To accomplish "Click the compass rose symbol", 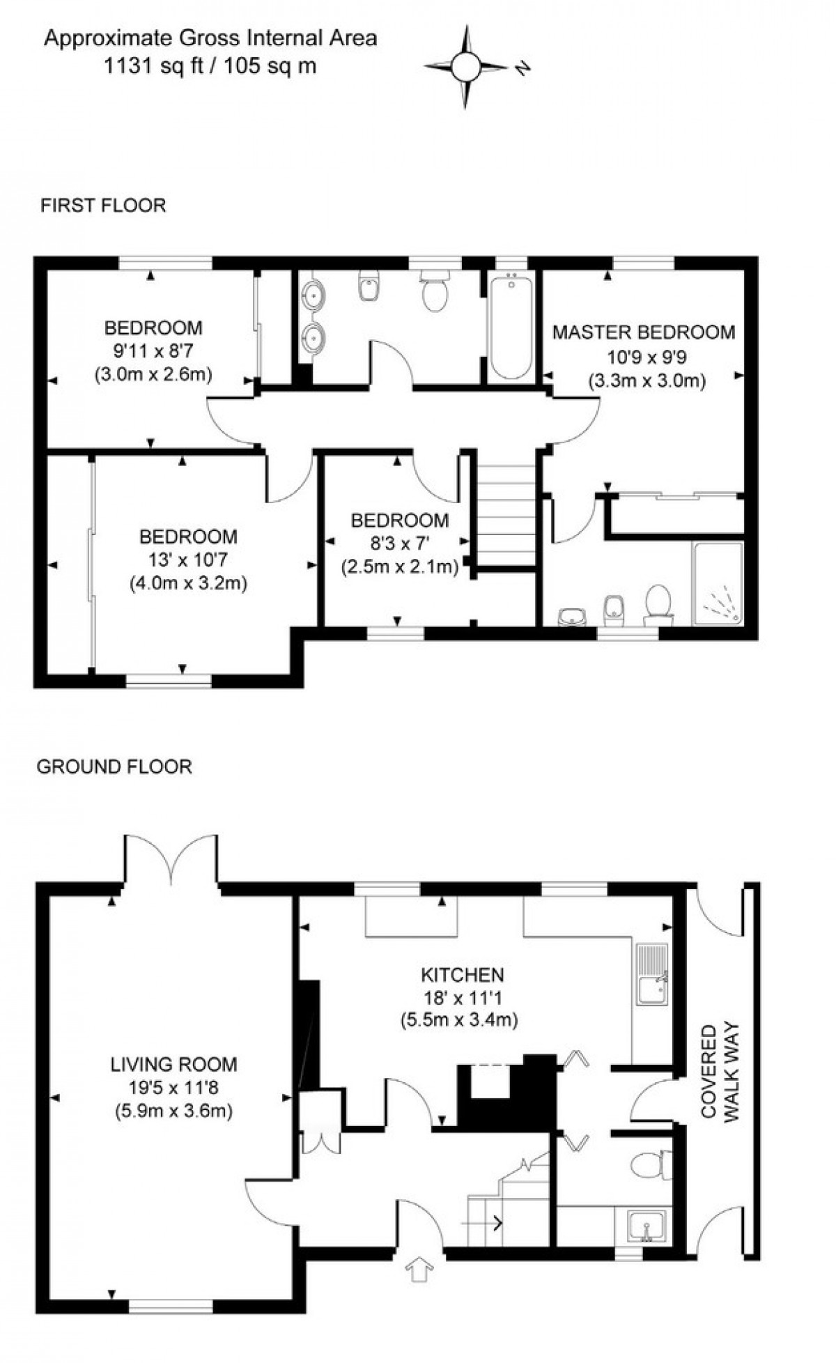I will (x=465, y=67).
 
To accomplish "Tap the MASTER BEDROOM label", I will (x=643, y=332).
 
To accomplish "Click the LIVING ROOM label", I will (x=173, y=1064).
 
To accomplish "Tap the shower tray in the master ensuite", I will (x=718, y=584).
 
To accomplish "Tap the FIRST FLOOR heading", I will (x=103, y=206).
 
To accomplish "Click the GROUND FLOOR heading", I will (x=114, y=767).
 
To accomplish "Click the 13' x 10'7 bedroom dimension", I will (x=188, y=560).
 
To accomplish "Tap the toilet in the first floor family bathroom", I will (x=434, y=292).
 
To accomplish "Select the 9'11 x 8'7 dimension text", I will (x=153, y=351).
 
